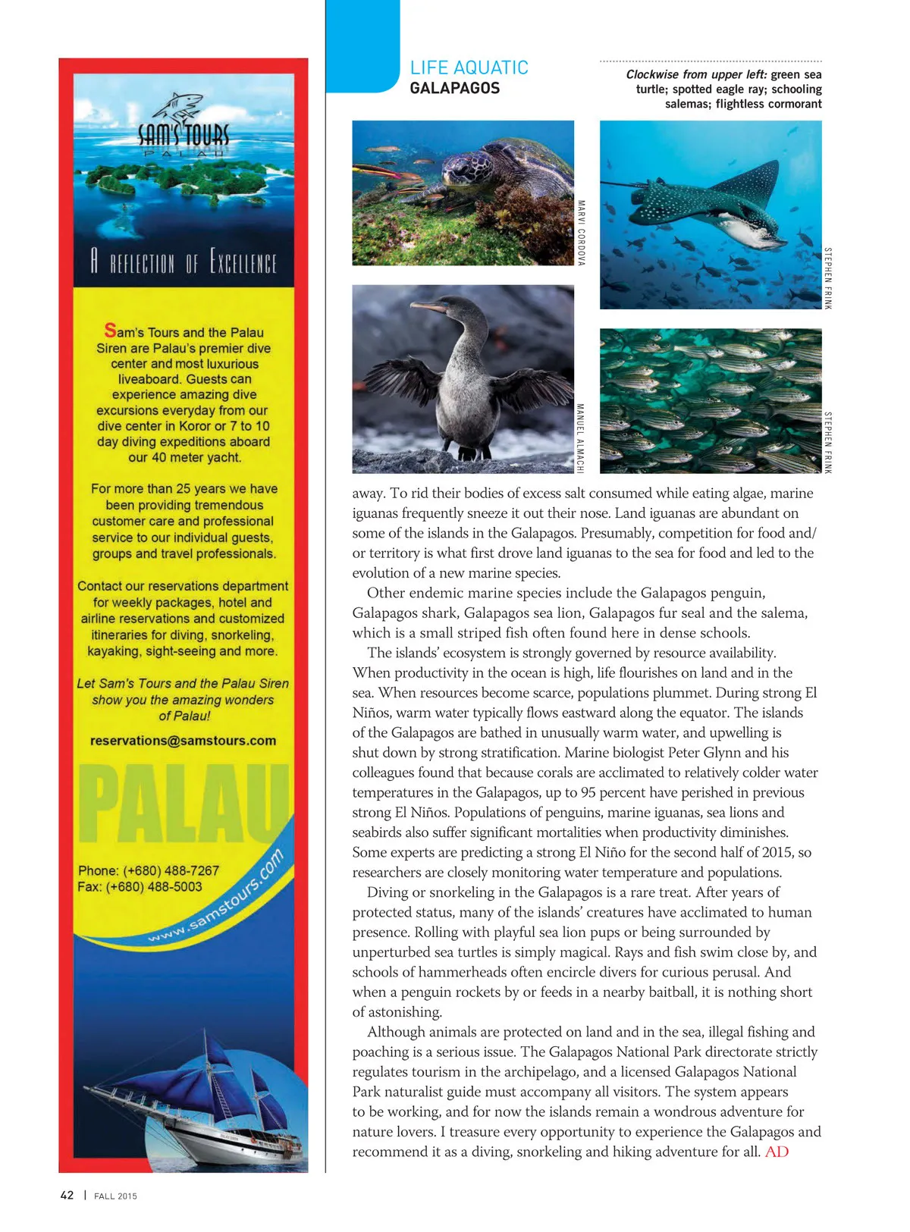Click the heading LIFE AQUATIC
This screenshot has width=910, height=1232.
click(x=469, y=67)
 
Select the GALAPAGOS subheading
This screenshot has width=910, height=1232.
click(x=454, y=88)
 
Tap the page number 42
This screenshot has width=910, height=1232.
click(x=67, y=1195)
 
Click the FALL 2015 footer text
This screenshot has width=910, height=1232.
click(x=115, y=1196)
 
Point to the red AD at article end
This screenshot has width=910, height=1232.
click(x=777, y=1152)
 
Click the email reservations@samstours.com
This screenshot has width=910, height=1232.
click(x=183, y=741)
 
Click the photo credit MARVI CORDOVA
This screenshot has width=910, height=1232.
click(x=582, y=232)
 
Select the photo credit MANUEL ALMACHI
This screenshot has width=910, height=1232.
click(x=581, y=439)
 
